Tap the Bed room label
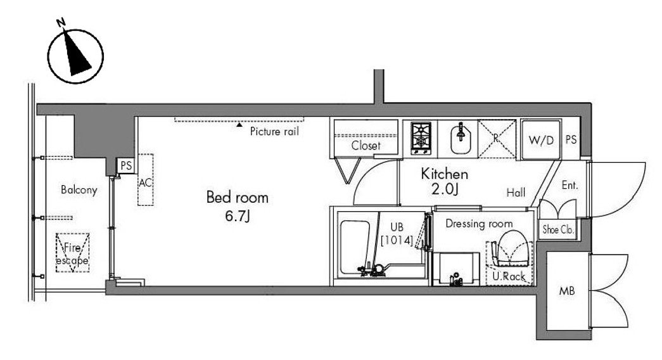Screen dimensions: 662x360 coord(238,197)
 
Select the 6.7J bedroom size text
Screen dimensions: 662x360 coord(238,216)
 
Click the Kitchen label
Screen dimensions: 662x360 coord(445,174)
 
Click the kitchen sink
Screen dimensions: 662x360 coord(461,138)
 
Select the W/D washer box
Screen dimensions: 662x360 coord(541,139)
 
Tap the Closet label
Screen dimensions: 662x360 coord(366,146)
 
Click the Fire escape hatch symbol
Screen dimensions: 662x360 coord(73,253)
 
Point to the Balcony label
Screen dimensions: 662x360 coord(79,190)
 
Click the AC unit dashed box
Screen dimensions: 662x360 coord(145,180)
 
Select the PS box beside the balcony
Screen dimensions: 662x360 coord(126,165)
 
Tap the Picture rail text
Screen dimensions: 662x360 coord(274,131)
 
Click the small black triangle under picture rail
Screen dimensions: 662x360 coord(239,124)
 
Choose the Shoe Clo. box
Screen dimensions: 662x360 coord(557,229)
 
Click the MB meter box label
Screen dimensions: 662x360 coord(566,291)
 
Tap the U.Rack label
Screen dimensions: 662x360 coord(509,277)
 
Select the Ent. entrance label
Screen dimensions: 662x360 coord(570,185)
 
